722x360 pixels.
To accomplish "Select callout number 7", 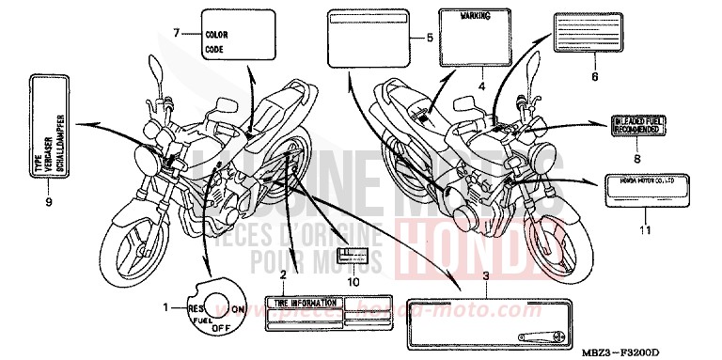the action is (x=175, y=34).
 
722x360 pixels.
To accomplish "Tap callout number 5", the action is (x=429, y=39).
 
